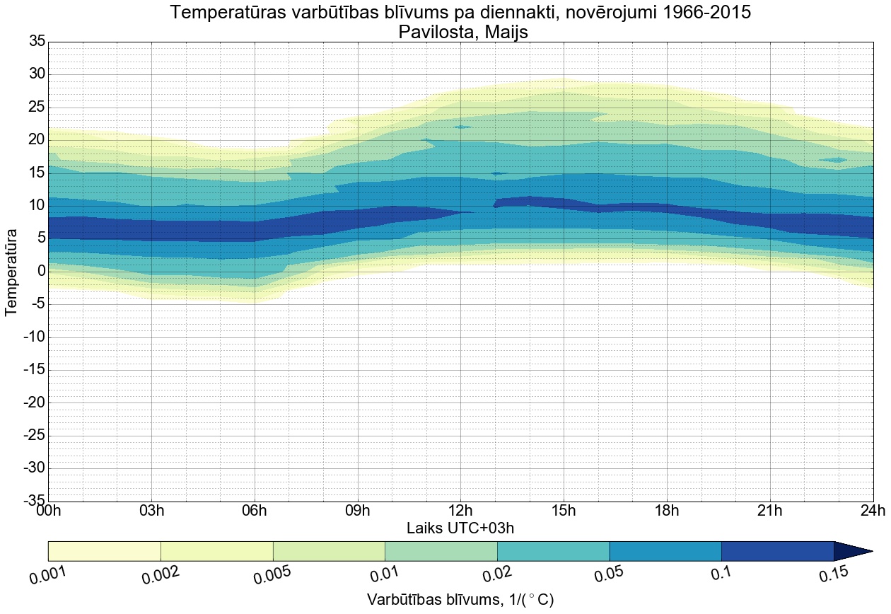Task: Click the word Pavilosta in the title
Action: click(x=432, y=32)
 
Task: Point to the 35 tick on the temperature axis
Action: click(x=37, y=42)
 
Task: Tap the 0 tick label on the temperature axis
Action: click(x=42, y=272)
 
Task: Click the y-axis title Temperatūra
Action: click(x=11, y=272)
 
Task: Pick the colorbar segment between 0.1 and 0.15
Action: click(x=777, y=551)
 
